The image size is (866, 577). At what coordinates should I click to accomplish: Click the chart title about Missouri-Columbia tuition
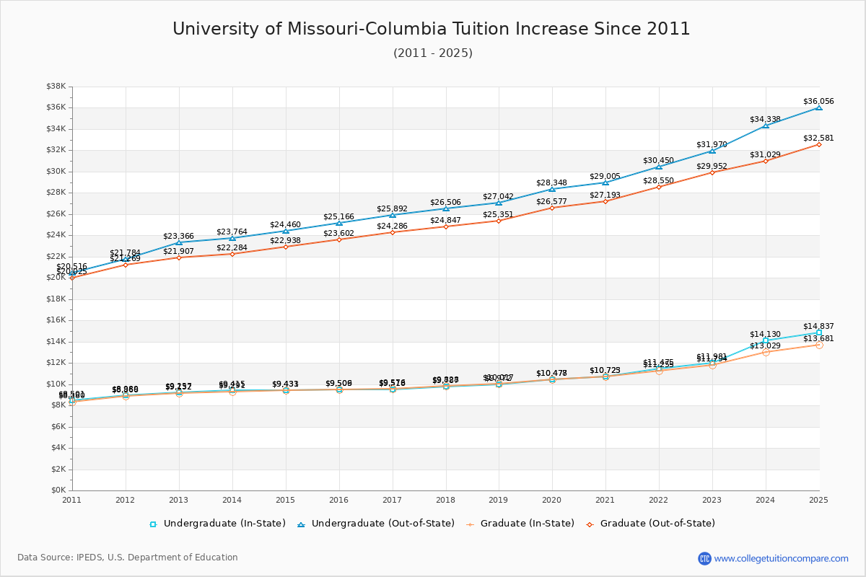click(432, 29)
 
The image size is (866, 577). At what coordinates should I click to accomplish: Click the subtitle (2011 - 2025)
click(433, 53)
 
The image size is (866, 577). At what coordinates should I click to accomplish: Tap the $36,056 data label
click(818, 102)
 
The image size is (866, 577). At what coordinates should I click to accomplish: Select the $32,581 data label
click(818, 138)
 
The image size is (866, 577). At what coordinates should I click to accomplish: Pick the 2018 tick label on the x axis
click(446, 499)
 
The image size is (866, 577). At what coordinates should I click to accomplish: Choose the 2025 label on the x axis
click(819, 499)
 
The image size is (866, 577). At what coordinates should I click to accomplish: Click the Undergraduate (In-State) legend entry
click(217, 524)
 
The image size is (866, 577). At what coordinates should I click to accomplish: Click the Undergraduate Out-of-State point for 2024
click(766, 125)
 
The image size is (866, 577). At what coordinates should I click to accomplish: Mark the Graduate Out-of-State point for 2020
click(552, 208)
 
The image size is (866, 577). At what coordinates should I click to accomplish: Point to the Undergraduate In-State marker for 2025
click(819, 332)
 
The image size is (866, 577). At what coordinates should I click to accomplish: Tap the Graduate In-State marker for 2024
click(766, 352)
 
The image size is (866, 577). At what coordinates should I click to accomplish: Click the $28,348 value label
click(551, 183)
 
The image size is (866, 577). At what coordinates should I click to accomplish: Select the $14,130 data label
click(765, 335)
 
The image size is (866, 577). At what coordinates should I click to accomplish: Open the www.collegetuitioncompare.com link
click(781, 558)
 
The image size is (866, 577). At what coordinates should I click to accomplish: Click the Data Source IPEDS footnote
click(128, 558)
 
